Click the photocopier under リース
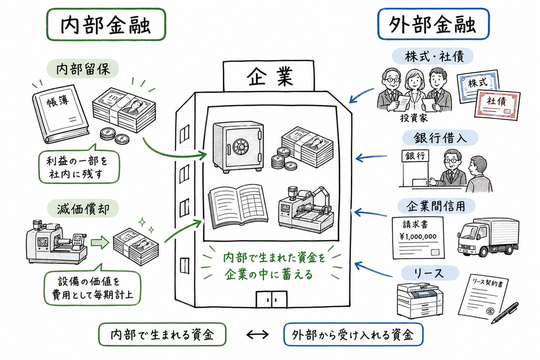click(x=417, y=300)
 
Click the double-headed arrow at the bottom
click(x=256, y=335)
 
